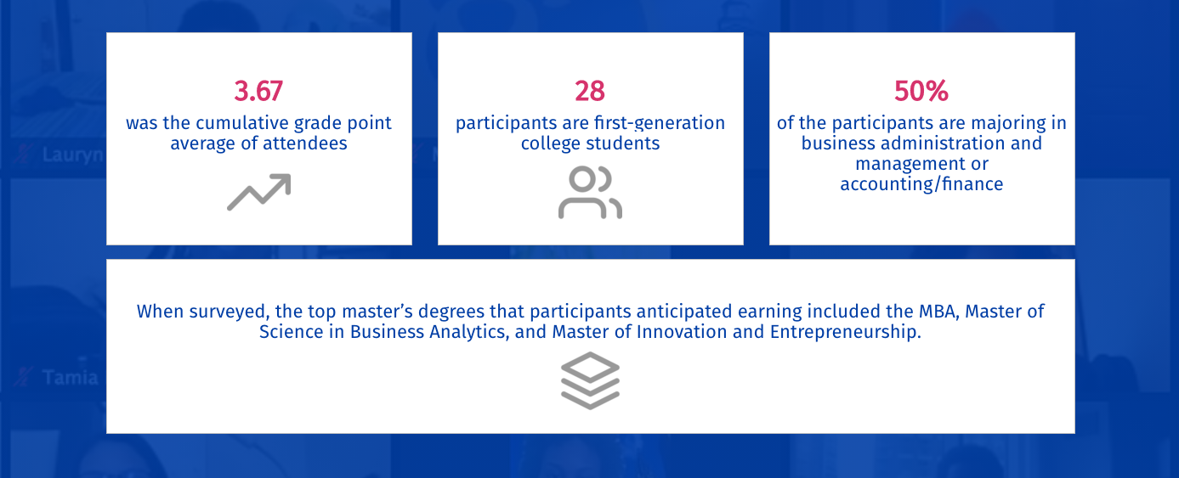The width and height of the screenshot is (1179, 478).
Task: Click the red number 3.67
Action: (258, 91)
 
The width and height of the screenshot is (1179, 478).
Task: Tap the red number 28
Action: (590, 91)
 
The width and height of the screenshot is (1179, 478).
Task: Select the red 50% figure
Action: (921, 91)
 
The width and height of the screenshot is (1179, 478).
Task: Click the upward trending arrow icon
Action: (259, 192)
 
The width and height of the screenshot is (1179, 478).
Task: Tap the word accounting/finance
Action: (921, 184)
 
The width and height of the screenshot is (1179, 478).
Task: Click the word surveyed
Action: (229, 312)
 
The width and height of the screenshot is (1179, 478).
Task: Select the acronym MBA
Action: (938, 312)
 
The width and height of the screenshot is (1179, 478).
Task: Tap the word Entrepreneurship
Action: (845, 333)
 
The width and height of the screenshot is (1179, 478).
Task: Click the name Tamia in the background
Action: (70, 378)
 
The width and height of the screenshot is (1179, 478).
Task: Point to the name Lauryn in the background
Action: (73, 155)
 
